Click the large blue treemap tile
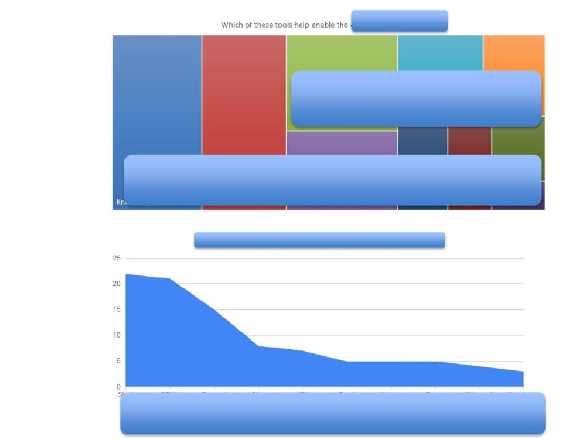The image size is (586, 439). coord(157,94)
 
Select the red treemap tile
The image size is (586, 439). coord(244,94)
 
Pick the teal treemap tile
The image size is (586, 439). coord(440,53)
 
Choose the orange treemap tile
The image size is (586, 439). coord(514,53)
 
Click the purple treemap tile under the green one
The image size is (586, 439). coord(342,143)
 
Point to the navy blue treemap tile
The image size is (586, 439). coord(423,141)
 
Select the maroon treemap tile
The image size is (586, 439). coord(469,141)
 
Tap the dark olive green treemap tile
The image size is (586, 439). coord(518,141)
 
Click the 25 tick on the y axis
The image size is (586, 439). coord(116,258)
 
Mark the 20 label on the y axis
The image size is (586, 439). coord(116,284)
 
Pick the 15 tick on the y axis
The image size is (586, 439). coord(116,309)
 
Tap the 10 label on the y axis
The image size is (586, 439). coord(116,335)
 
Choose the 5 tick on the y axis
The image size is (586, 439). coord(118,361)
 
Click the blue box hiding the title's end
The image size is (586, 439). coord(399,21)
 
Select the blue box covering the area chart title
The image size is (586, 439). coord(319,240)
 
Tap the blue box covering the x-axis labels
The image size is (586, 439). coord(332,413)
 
